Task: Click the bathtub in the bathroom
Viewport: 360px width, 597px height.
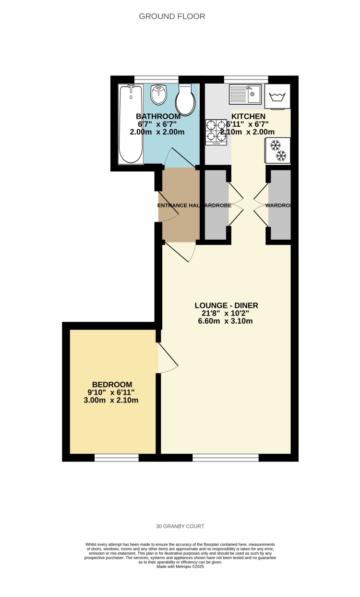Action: pyautogui.click(x=131, y=124)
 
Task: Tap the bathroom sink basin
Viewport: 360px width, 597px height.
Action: pyautogui.click(x=158, y=95)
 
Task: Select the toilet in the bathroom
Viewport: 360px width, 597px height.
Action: pyautogui.click(x=185, y=98)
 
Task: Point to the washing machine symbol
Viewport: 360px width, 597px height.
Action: pyautogui.click(x=277, y=97)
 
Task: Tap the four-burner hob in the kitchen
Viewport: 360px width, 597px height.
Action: pyautogui.click(x=216, y=132)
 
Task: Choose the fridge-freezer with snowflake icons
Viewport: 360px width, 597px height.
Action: pyautogui.click(x=278, y=150)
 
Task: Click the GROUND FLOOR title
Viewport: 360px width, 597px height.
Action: pyautogui.click(x=172, y=16)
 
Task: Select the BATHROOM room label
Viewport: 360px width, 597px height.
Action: pyautogui.click(x=158, y=116)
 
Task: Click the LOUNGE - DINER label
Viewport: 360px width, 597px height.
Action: pyautogui.click(x=223, y=305)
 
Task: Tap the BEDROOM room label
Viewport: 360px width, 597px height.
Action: pyautogui.click(x=112, y=384)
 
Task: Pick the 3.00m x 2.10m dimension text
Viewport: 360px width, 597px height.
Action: pyautogui.click(x=112, y=400)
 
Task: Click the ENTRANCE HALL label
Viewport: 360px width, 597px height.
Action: pyautogui.click(x=179, y=206)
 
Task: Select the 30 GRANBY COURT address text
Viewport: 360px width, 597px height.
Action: pyautogui.click(x=180, y=526)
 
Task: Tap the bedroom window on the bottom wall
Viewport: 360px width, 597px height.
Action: pyautogui.click(x=117, y=458)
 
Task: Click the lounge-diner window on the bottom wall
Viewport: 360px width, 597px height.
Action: pyautogui.click(x=226, y=458)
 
